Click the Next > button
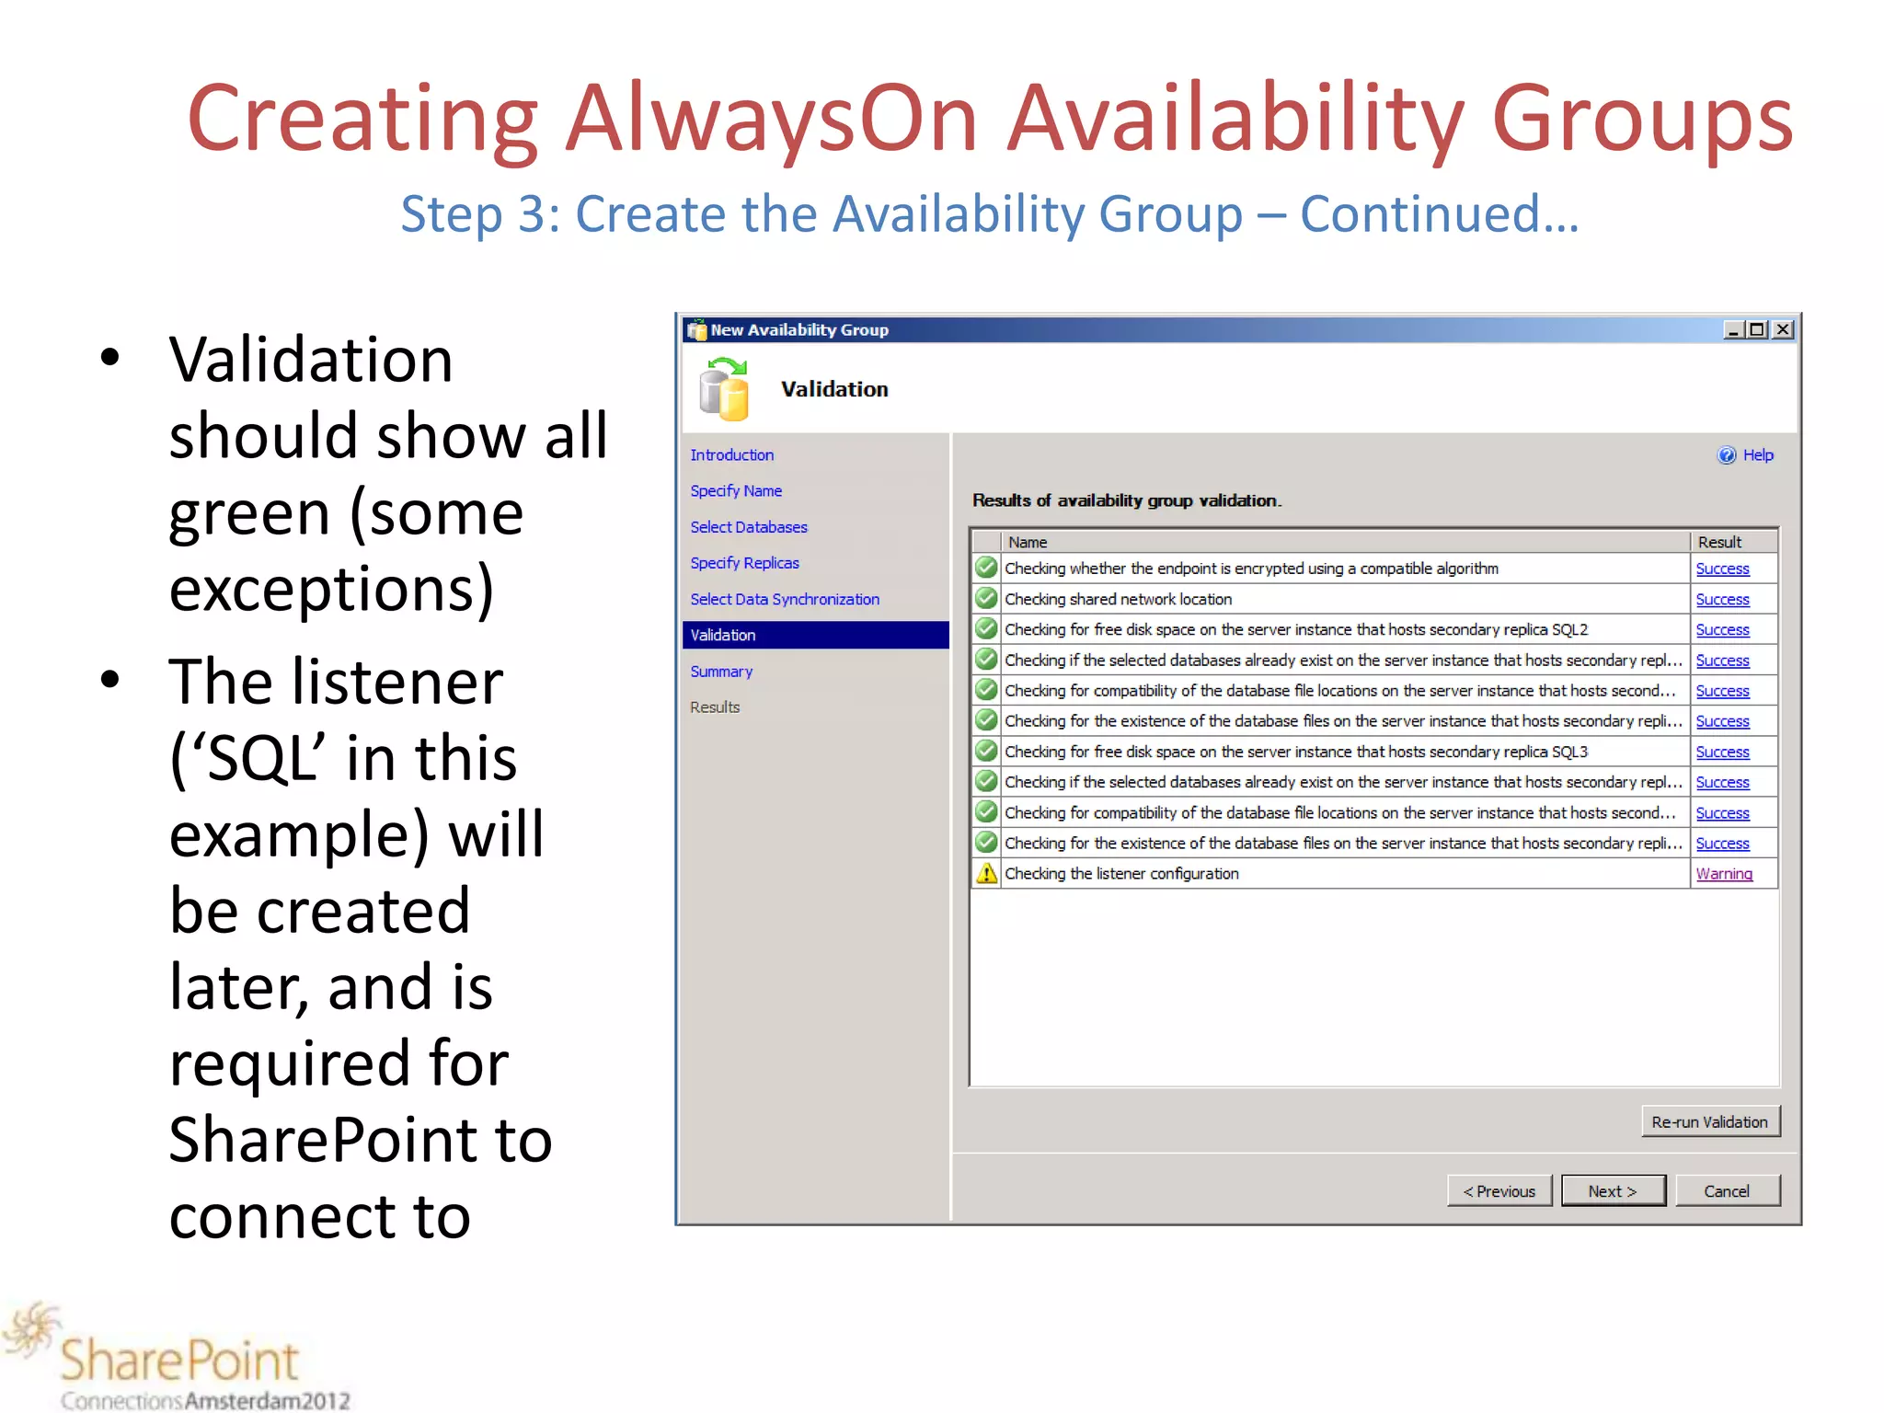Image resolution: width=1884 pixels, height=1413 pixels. (x=1613, y=1191)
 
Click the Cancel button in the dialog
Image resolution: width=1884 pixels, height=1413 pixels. (x=1727, y=1191)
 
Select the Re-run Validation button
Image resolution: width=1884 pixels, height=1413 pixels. (x=1709, y=1122)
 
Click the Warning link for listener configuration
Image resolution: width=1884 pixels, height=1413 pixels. (x=1724, y=874)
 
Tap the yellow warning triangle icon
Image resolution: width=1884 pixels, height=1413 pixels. (x=986, y=873)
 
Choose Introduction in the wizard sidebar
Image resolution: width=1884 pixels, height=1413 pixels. (x=732, y=455)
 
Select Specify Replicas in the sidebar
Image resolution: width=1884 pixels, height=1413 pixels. (x=744, y=563)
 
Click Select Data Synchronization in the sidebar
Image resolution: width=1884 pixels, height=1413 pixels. (x=785, y=599)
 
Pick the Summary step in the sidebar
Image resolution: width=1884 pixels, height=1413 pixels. (x=721, y=672)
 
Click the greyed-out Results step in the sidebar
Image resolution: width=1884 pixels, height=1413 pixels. (x=715, y=707)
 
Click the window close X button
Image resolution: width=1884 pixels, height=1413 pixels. (x=1783, y=329)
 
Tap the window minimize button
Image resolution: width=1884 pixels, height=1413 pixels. (x=1733, y=329)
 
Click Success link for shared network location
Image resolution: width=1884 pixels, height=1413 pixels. (x=1722, y=600)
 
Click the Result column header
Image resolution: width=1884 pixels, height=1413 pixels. (x=1719, y=543)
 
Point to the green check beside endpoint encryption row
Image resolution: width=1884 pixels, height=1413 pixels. (x=986, y=568)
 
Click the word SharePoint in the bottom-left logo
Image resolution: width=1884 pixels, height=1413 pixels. (x=180, y=1361)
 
